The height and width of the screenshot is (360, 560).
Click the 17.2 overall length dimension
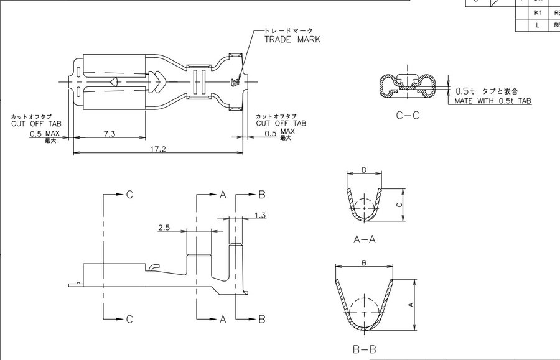coord(158,150)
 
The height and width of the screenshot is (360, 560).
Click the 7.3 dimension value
coord(109,134)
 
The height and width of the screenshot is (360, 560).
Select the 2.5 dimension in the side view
coord(164,228)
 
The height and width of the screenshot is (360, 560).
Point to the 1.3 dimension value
coord(261,215)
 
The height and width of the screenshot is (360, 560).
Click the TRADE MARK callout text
coord(292,39)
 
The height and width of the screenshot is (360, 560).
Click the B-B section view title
coord(364,349)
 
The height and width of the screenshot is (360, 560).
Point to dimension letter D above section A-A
coord(364,170)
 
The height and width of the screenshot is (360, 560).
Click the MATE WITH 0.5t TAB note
coord(492,101)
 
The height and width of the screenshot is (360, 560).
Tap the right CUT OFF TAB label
coord(281,123)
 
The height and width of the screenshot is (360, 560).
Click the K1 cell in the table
coord(537,12)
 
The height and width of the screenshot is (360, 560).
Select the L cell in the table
coord(537,25)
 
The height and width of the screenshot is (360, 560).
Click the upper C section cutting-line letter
coord(129,195)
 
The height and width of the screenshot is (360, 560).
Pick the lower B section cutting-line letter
coord(262,319)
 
